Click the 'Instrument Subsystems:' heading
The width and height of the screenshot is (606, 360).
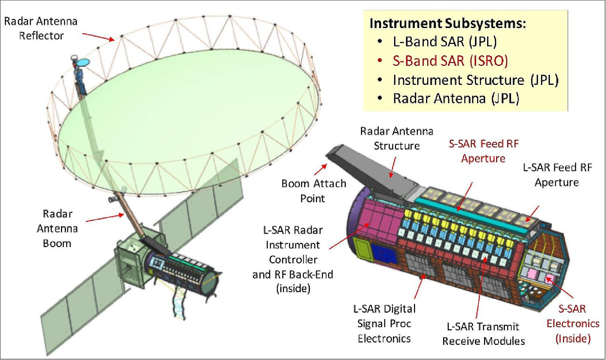pyautogui.click(x=448, y=23)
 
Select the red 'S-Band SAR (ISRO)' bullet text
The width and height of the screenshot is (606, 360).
pyautogui.click(x=450, y=61)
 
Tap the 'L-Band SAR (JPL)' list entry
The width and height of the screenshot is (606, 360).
pyautogui.click(x=445, y=42)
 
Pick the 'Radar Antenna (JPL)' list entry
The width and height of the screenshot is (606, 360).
pyautogui.click(x=456, y=99)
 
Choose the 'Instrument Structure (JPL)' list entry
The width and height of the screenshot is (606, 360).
pyautogui.click(x=475, y=80)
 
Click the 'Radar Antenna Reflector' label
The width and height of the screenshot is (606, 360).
pyautogui.click(x=41, y=28)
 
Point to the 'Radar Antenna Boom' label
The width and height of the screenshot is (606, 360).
pyautogui.click(x=57, y=229)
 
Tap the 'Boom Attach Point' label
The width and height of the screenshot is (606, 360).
pyautogui.click(x=314, y=191)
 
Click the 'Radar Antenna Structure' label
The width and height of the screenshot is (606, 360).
pyautogui.click(x=397, y=138)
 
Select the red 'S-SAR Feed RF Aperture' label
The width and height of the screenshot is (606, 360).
pyautogui.click(x=483, y=151)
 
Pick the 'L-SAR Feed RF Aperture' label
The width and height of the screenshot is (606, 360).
pyautogui.click(x=557, y=175)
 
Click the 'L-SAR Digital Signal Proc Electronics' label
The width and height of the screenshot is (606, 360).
pyautogui.click(x=384, y=323)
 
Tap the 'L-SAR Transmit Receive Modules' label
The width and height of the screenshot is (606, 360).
pyautogui.click(x=483, y=333)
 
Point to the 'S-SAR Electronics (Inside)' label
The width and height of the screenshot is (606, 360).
pyautogui.click(x=573, y=323)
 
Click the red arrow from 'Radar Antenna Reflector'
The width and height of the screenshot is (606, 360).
pyautogui.click(x=98, y=36)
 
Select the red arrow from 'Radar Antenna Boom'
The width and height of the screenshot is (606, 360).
pyautogui.click(x=105, y=218)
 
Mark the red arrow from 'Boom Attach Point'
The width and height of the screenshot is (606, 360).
pyautogui.click(x=321, y=169)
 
